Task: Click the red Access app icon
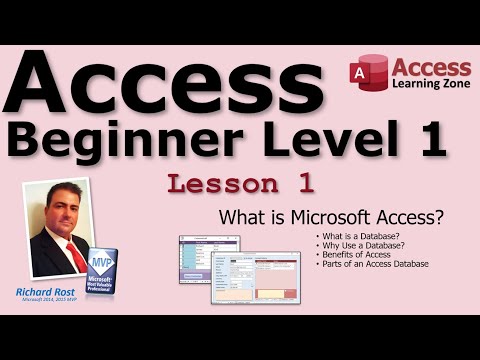coord(366,76)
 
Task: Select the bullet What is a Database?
coord(352,236)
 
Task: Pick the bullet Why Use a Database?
coord(356,245)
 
